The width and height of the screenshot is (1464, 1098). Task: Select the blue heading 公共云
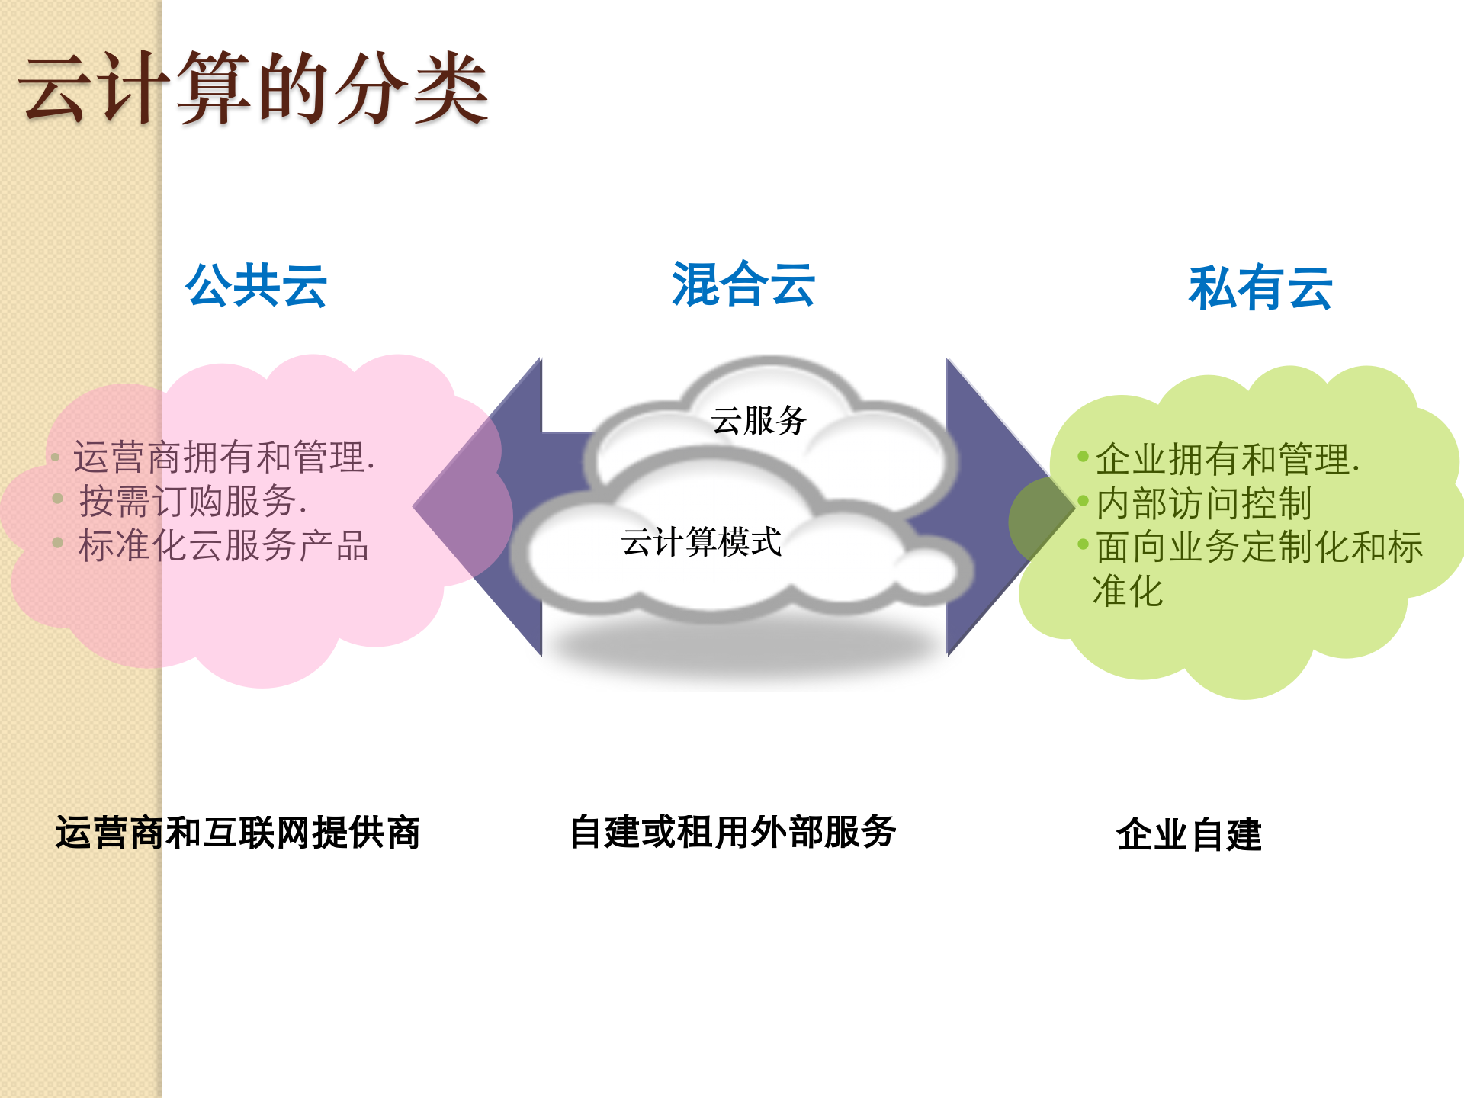coord(256,286)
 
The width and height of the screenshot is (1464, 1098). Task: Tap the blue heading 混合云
coord(743,284)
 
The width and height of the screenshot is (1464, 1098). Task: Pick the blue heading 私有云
coord(1260,288)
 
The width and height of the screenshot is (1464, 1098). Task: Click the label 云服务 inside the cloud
coord(759,420)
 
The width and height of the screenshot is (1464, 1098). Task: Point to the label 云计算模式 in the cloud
coord(701,542)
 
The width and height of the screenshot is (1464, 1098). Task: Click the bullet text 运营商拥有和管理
coord(223,457)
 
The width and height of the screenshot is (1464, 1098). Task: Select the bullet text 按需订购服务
coord(192,501)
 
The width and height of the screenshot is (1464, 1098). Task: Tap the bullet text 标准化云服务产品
coord(223,545)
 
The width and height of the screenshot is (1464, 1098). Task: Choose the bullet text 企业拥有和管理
coord(1227,459)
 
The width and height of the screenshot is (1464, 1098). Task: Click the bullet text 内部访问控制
coord(1204,503)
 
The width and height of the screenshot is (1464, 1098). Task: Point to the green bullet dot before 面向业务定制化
coord(1083,544)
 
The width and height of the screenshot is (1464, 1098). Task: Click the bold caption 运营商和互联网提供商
coord(237,832)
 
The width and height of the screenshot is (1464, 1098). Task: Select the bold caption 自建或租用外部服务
coord(733,831)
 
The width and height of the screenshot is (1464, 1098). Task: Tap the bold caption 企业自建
coord(1189,833)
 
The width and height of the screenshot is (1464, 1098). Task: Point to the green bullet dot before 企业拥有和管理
coord(1083,456)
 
